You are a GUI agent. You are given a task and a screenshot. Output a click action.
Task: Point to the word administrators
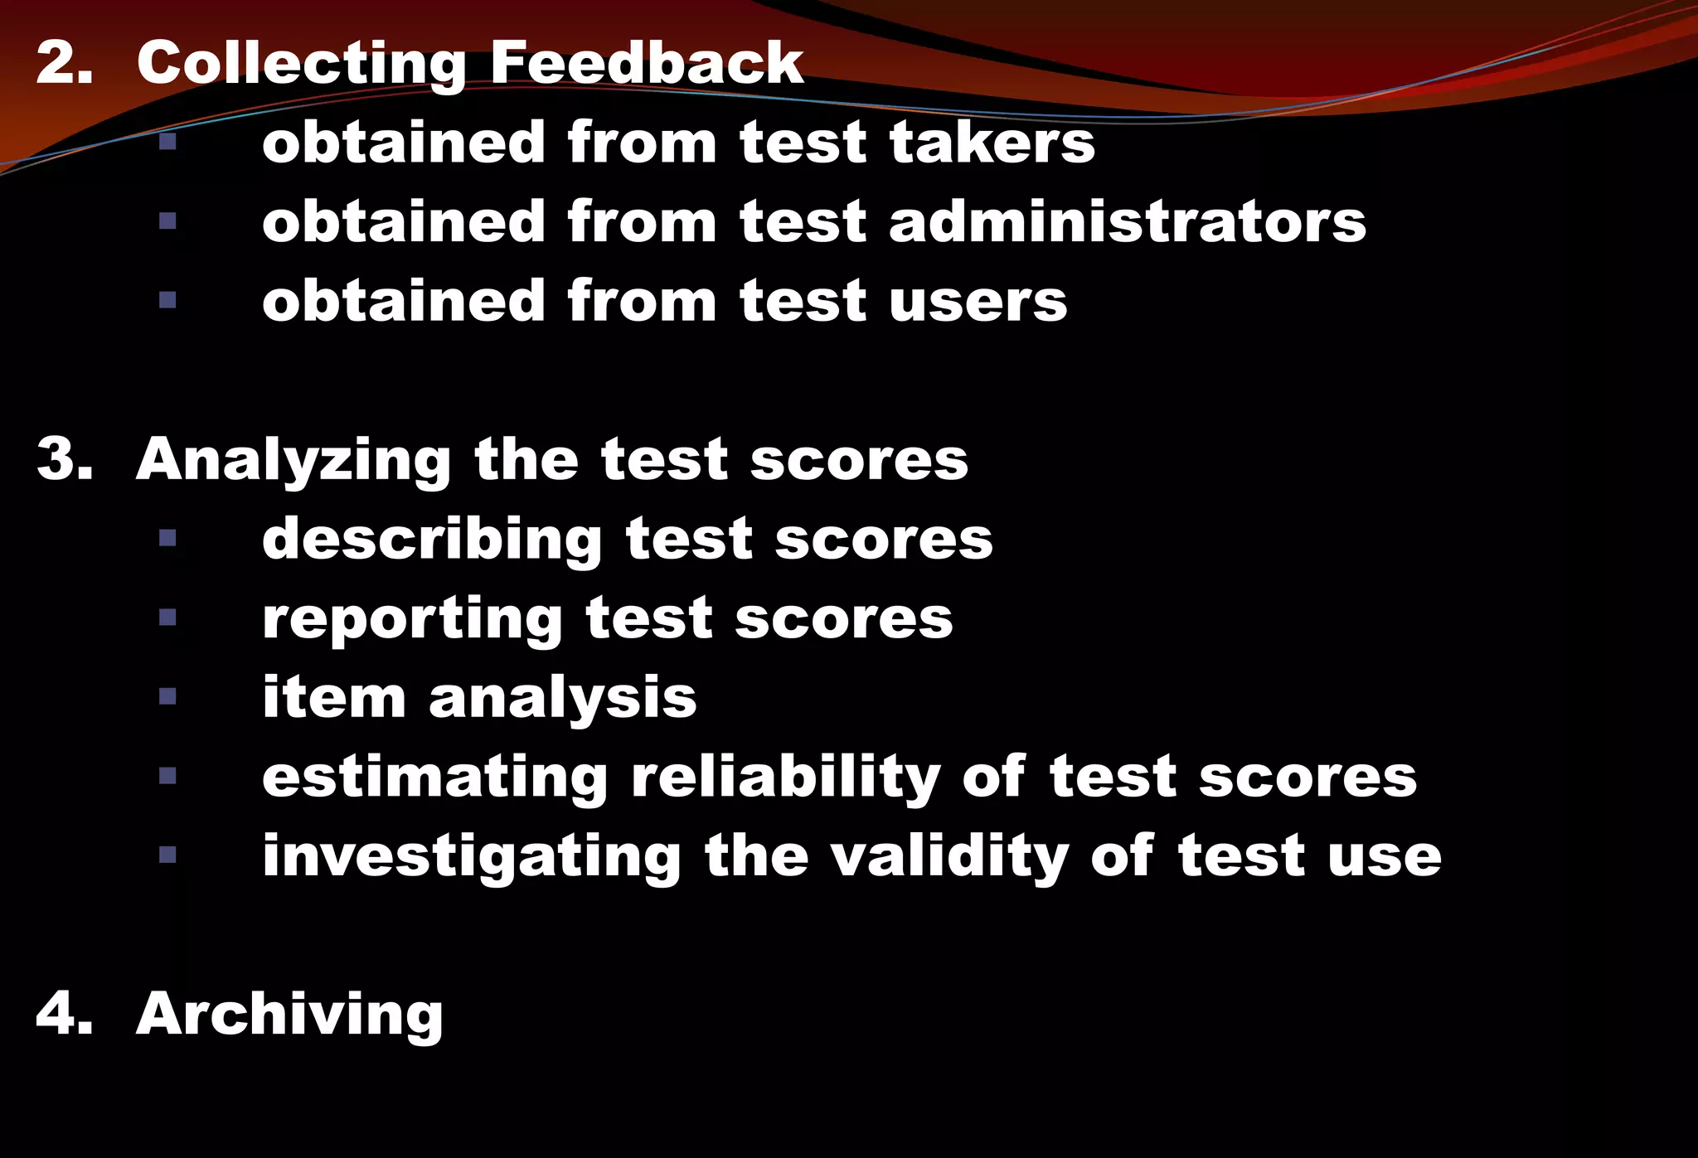click(1127, 222)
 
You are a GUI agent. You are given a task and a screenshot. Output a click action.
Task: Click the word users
click(978, 301)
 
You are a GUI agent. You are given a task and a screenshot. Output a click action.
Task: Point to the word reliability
click(785, 778)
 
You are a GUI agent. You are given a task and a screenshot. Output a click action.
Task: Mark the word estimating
click(435, 778)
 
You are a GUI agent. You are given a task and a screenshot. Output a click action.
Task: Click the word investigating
click(472, 858)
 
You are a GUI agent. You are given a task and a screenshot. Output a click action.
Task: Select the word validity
click(949, 858)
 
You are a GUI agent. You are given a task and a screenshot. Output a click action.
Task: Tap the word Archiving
click(289, 1015)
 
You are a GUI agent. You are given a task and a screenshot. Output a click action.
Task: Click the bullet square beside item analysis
click(167, 696)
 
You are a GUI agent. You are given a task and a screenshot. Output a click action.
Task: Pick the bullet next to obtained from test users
click(167, 300)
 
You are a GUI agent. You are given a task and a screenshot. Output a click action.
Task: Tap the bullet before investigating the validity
click(167, 855)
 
